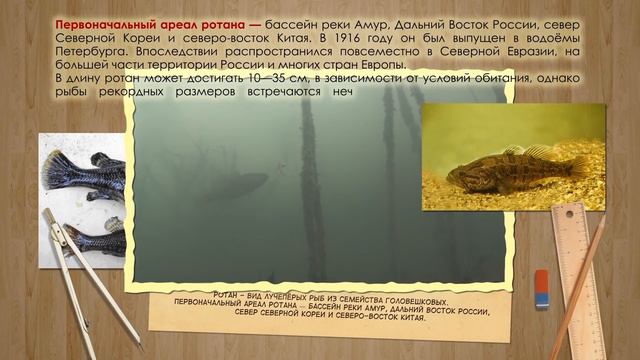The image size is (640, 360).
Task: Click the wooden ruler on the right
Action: click(x=572, y=270)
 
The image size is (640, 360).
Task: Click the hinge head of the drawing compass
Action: click(x=48, y=216)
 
